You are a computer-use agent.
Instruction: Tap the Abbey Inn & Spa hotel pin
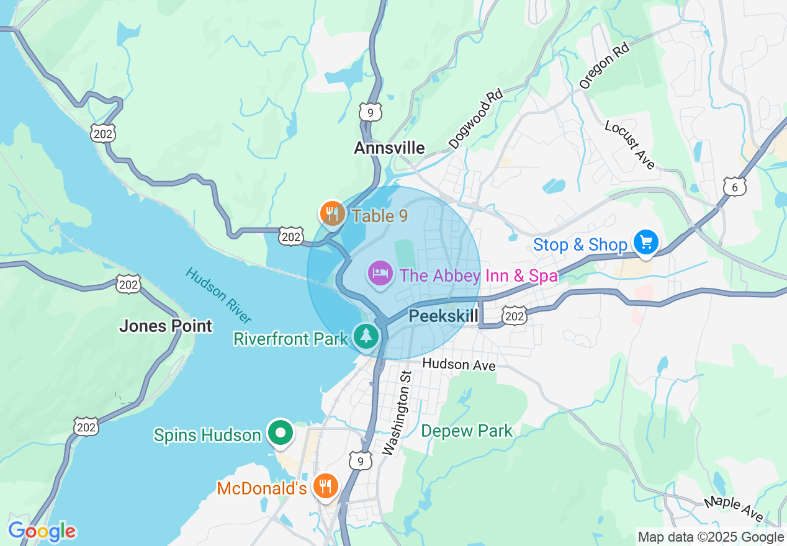(x=380, y=274)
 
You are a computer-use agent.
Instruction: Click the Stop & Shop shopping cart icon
(x=645, y=243)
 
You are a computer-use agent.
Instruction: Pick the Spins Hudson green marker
(x=281, y=433)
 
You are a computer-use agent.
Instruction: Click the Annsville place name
(x=389, y=148)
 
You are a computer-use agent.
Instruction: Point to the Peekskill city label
(x=443, y=316)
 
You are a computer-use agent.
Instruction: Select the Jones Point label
(x=165, y=326)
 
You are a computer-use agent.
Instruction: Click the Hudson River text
(x=219, y=296)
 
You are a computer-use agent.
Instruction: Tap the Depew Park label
(x=467, y=431)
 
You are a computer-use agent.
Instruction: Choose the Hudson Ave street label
(x=459, y=364)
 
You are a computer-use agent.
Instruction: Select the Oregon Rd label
(x=604, y=66)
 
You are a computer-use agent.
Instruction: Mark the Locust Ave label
(x=630, y=144)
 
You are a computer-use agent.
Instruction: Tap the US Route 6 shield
(x=734, y=186)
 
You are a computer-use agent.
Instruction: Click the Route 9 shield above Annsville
(x=370, y=112)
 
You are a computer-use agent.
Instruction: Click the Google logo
(x=42, y=531)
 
